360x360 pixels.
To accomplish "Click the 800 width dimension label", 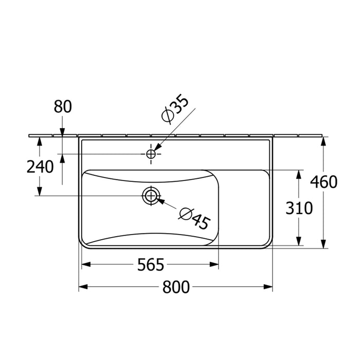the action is pyautogui.click(x=176, y=287).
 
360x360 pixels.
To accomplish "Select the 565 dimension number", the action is pyautogui.click(x=151, y=265).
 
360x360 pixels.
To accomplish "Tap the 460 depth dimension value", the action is pyautogui.click(x=323, y=182).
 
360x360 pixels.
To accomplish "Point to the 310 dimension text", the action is pyautogui.click(x=299, y=208).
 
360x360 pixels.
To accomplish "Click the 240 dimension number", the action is pyautogui.click(x=40, y=167).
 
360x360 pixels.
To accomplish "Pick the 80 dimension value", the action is pyautogui.click(x=63, y=106).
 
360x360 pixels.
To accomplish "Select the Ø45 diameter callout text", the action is pyautogui.click(x=194, y=219).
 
